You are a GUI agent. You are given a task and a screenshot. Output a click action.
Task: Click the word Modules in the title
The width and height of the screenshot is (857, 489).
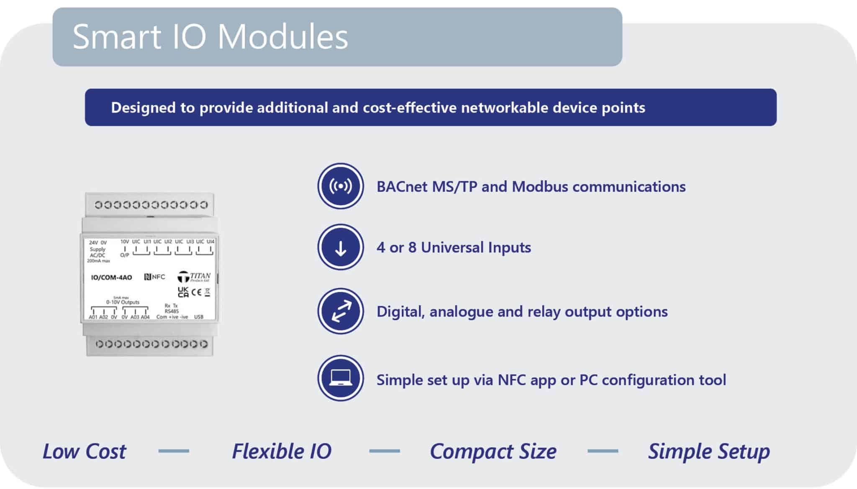click(283, 37)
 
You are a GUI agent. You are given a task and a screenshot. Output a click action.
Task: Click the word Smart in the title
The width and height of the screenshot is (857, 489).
click(117, 37)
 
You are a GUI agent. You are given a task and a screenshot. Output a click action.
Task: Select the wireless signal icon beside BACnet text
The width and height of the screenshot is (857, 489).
click(341, 186)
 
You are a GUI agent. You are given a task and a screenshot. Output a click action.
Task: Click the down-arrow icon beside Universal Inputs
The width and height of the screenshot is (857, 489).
click(341, 247)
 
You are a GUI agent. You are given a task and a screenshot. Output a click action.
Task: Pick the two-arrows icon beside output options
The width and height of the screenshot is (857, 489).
click(341, 311)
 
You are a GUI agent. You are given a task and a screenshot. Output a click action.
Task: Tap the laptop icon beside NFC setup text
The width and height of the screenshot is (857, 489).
click(341, 378)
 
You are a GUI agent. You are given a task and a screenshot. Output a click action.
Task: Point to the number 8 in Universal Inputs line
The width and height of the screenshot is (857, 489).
click(412, 247)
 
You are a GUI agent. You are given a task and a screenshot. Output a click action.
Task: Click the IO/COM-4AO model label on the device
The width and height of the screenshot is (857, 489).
click(111, 277)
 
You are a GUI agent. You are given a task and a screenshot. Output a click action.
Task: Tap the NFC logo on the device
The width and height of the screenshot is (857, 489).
click(154, 277)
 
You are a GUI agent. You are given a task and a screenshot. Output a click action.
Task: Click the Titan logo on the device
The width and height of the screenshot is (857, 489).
click(193, 277)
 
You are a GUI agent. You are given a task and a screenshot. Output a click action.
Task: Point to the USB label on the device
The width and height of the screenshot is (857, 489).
click(199, 317)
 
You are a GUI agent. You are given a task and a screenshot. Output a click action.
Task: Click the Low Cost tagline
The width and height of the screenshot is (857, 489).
click(84, 451)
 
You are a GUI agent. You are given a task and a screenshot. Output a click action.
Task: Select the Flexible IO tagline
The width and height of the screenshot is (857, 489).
click(282, 451)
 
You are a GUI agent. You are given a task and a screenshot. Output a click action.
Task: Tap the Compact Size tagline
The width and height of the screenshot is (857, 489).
click(493, 451)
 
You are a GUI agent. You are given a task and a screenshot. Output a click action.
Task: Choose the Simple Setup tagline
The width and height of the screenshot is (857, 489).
click(709, 451)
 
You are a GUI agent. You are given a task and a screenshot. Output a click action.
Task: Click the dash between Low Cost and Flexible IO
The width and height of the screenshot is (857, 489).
click(174, 451)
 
